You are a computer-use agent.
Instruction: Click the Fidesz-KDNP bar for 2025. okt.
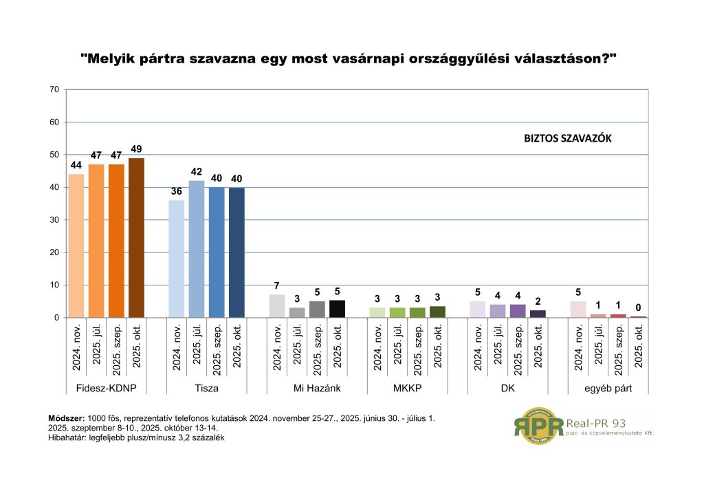coord(136,238)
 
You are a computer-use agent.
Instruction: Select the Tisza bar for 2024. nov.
coord(176,259)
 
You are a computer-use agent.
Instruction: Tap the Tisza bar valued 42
coord(197,249)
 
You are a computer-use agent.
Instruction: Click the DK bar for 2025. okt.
coord(538,314)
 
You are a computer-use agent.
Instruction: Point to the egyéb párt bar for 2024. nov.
coord(579,310)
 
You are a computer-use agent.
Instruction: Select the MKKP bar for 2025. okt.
coord(437,312)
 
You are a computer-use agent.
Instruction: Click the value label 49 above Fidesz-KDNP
coord(136,149)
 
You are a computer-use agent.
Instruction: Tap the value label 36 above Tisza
coord(176,191)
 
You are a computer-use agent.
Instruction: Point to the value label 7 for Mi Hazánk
coord(276,286)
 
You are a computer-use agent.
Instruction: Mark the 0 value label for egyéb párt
coord(638,307)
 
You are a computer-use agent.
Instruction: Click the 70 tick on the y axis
coord(54,89)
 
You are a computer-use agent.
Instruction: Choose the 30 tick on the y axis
coord(54,220)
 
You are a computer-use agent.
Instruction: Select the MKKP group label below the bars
coord(407,389)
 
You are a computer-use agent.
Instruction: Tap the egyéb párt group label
coord(608,389)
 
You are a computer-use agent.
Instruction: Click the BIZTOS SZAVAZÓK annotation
coord(567,138)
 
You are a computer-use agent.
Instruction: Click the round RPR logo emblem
coord(538,426)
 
